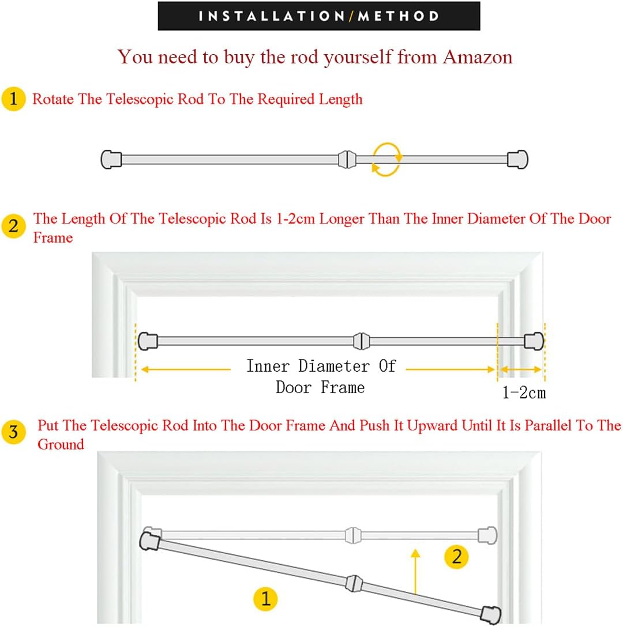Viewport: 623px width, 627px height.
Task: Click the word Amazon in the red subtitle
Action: (x=477, y=57)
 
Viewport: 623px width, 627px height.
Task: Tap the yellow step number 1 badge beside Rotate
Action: (x=13, y=99)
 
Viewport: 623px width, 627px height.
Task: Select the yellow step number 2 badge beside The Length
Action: (x=13, y=226)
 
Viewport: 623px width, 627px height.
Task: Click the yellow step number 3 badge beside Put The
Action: (x=13, y=432)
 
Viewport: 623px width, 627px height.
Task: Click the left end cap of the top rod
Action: (x=111, y=160)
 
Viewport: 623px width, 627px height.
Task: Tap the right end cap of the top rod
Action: (x=517, y=160)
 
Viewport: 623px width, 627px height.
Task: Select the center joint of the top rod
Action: (x=347, y=160)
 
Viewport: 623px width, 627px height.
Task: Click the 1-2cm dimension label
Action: (x=524, y=392)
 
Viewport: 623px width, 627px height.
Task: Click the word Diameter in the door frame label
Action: (x=334, y=366)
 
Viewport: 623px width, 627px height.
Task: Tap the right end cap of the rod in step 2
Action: (x=534, y=341)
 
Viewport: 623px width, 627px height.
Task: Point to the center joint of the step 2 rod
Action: (x=362, y=341)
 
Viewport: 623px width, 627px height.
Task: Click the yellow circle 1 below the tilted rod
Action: (x=265, y=599)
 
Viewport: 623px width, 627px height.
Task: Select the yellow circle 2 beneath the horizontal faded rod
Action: (x=456, y=557)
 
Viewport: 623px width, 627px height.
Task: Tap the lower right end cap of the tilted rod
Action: (x=491, y=614)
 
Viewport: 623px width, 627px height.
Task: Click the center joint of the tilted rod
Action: (x=354, y=584)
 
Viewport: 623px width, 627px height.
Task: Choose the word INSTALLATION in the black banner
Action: (x=272, y=16)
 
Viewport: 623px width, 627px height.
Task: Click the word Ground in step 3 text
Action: (x=61, y=444)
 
